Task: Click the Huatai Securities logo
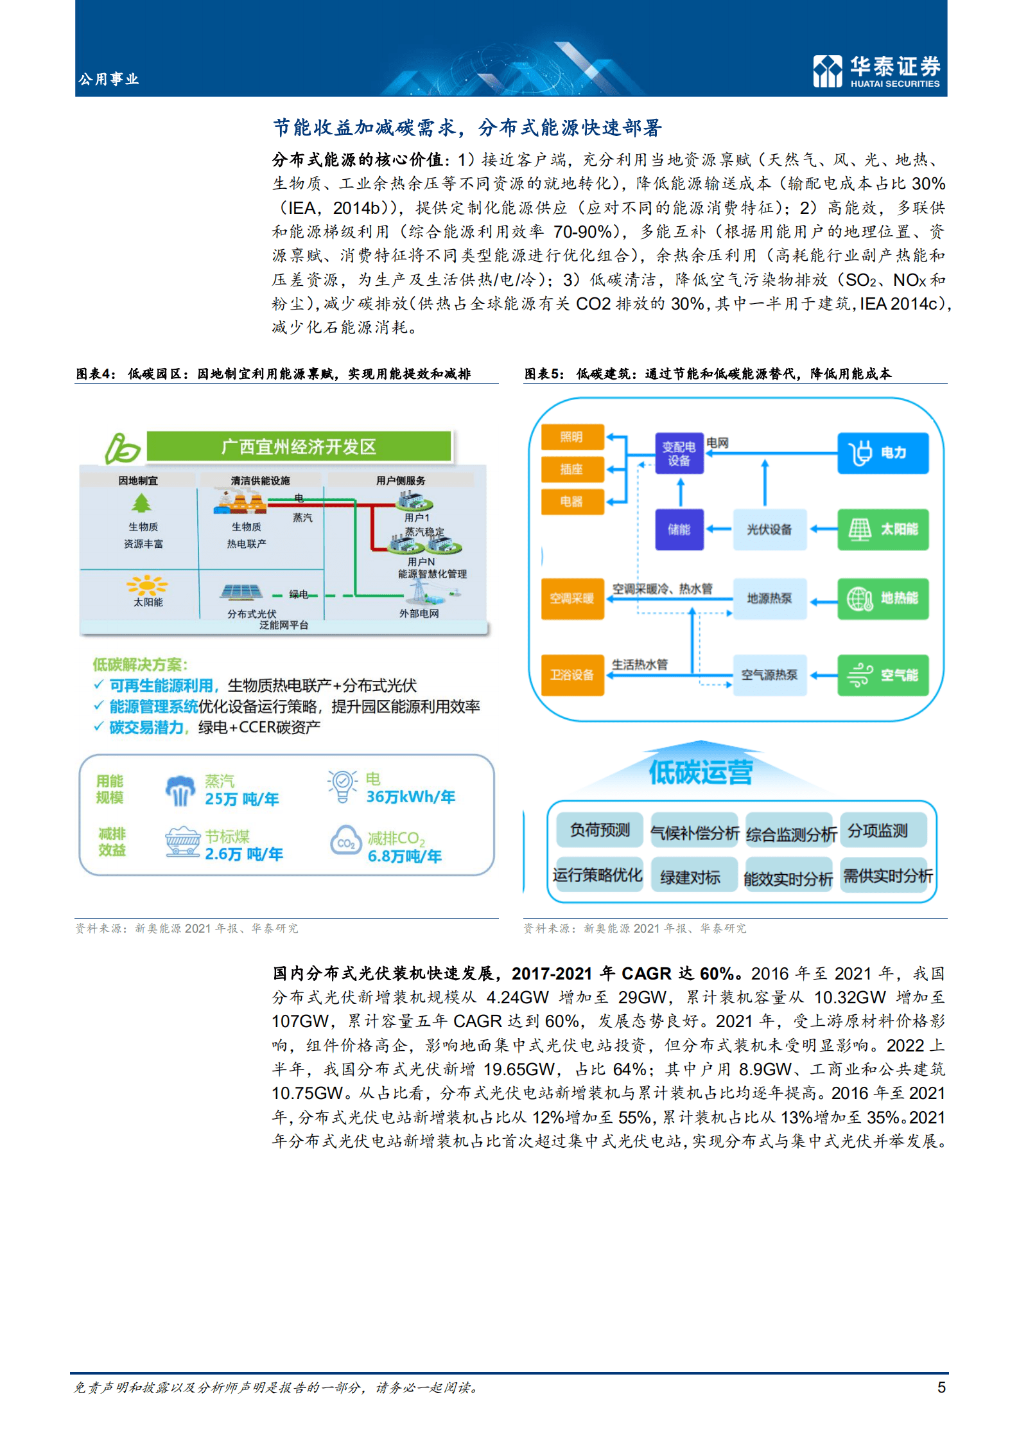(876, 71)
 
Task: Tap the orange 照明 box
(572, 437)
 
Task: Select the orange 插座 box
(572, 470)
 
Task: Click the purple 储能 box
(679, 530)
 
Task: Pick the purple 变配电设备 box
(679, 453)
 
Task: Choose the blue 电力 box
(883, 453)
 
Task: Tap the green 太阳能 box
(883, 530)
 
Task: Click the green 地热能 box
(883, 599)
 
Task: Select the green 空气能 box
(883, 675)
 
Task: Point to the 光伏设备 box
(769, 530)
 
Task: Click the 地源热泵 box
(769, 599)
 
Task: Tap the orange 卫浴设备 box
(572, 675)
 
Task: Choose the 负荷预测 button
(600, 830)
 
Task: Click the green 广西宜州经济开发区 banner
(299, 446)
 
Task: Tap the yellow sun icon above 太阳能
(148, 585)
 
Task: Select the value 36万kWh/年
(410, 797)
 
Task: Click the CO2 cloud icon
(346, 841)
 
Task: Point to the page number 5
(941, 1387)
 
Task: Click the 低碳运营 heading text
(701, 772)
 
